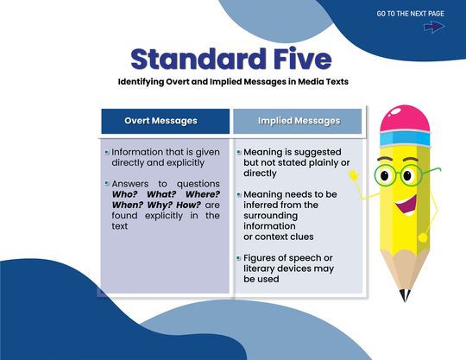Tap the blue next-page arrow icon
tap(433, 27)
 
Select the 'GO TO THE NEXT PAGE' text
tap(410, 14)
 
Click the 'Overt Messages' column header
tap(161, 121)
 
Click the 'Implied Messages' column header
tap(299, 121)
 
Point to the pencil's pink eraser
tap(405, 121)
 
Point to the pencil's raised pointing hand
tap(354, 175)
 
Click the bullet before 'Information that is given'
tap(106, 152)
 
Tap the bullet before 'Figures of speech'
tap(239, 259)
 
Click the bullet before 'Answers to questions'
tap(106, 184)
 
